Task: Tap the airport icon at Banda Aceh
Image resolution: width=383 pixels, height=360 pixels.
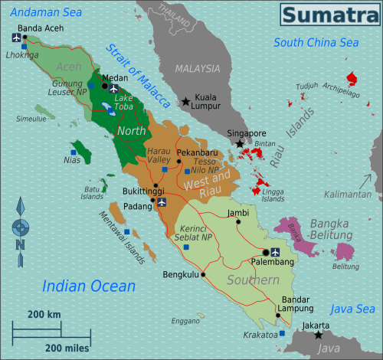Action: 17,37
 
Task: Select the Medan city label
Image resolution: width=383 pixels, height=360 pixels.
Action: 114,77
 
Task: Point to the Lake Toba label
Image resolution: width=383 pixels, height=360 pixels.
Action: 123,103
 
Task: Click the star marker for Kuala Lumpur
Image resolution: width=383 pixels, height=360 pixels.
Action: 186,101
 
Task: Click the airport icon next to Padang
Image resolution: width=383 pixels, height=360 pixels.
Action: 162,202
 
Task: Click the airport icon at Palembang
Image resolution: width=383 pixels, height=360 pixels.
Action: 277,252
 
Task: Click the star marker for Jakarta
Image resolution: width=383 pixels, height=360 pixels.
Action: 319,335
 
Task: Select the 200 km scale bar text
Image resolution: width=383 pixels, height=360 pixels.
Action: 44,315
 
